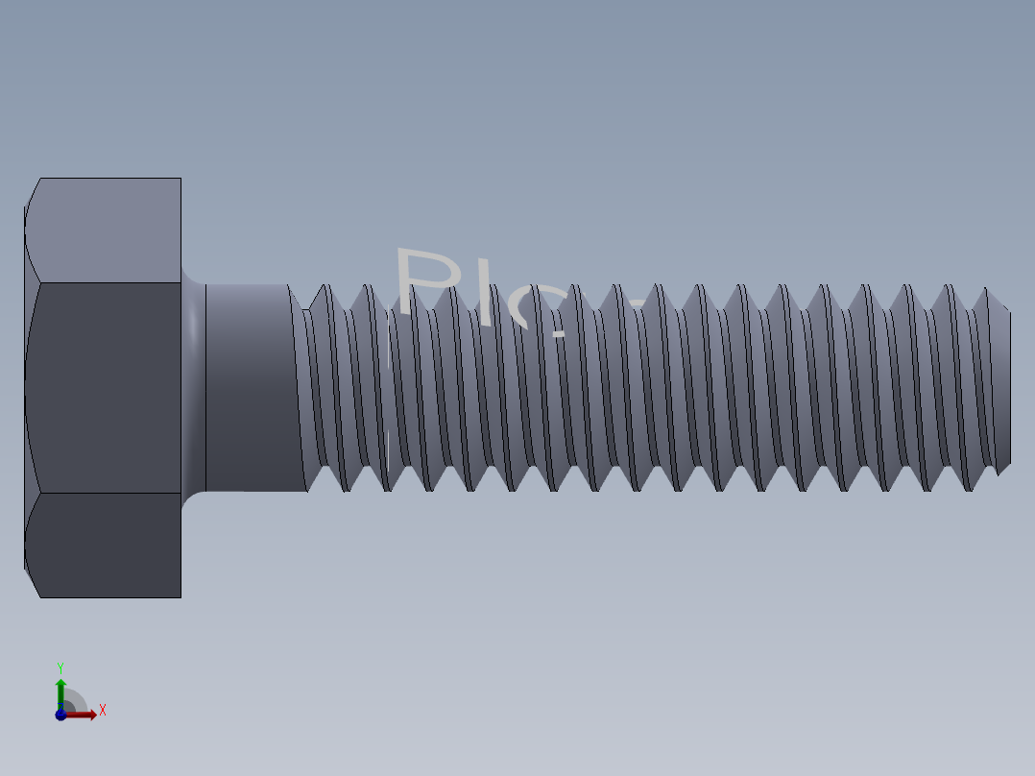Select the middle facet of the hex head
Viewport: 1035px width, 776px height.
pyautogui.click(x=104, y=388)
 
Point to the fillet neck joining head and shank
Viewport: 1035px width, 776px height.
pyautogui.click(x=193, y=387)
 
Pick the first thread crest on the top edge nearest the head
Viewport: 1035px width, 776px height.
pyautogui.click(x=324, y=288)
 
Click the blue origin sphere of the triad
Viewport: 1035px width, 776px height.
pyautogui.click(x=60, y=715)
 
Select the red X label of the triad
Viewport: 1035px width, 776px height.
pyautogui.click(x=102, y=711)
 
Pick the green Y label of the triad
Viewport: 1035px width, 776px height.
pyautogui.click(x=60, y=667)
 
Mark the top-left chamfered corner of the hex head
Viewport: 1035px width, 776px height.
pyautogui.click(x=32, y=192)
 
